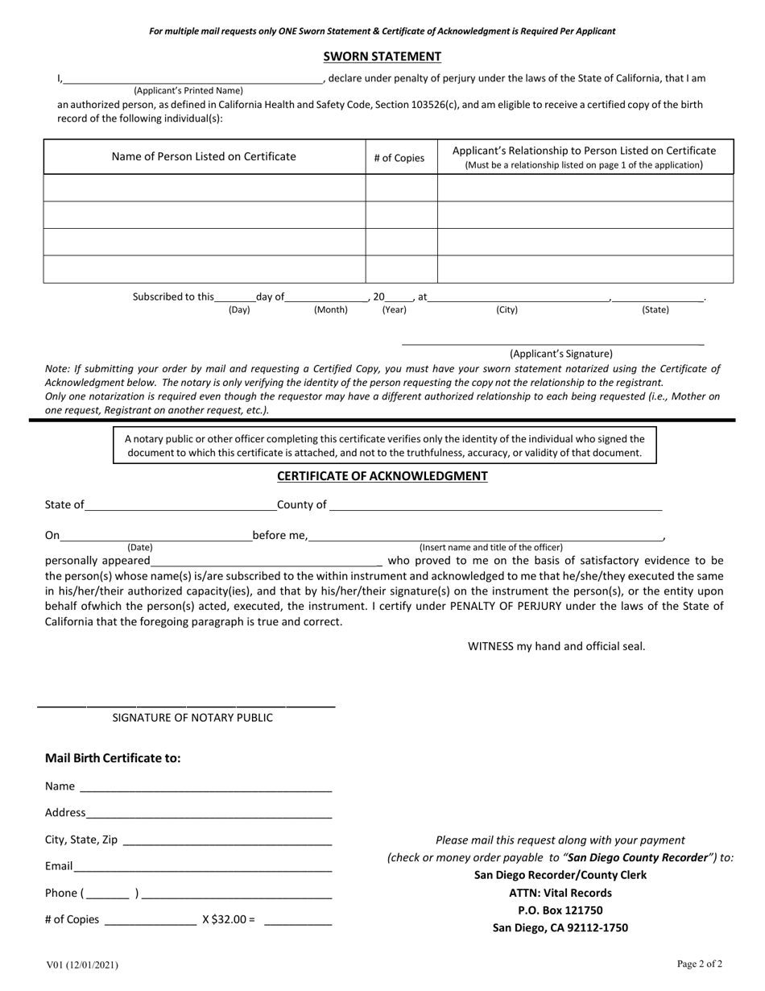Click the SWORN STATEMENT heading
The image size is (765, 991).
(x=382, y=56)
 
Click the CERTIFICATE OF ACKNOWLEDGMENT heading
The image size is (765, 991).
(x=382, y=476)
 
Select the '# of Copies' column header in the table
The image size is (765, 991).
(x=399, y=158)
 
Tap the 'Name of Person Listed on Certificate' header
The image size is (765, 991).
(x=204, y=156)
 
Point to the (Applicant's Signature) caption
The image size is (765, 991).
(x=560, y=354)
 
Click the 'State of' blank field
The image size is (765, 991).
(x=180, y=506)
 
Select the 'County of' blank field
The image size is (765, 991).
(x=495, y=506)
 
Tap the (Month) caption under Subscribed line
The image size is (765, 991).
(x=330, y=310)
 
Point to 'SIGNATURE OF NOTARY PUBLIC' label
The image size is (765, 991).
(x=192, y=718)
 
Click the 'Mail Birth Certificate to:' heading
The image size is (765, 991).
(x=113, y=758)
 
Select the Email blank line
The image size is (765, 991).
(x=202, y=868)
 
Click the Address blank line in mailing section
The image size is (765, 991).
(x=209, y=814)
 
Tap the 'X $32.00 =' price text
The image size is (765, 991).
(x=229, y=918)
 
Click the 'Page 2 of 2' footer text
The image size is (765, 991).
(x=699, y=964)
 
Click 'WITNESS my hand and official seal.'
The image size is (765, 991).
(x=556, y=646)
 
